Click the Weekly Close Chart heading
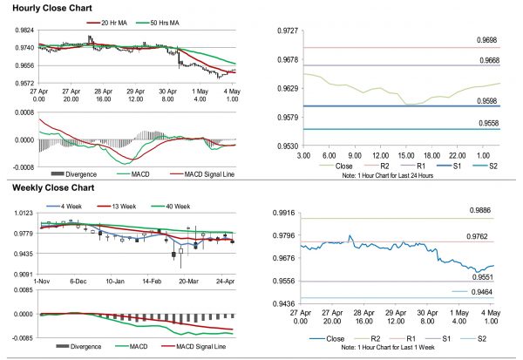[x=47, y=187]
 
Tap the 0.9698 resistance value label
[x=487, y=40]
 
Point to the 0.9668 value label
[x=487, y=59]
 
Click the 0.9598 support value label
[x=487, y=101]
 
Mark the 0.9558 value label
[x=487, y=124]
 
